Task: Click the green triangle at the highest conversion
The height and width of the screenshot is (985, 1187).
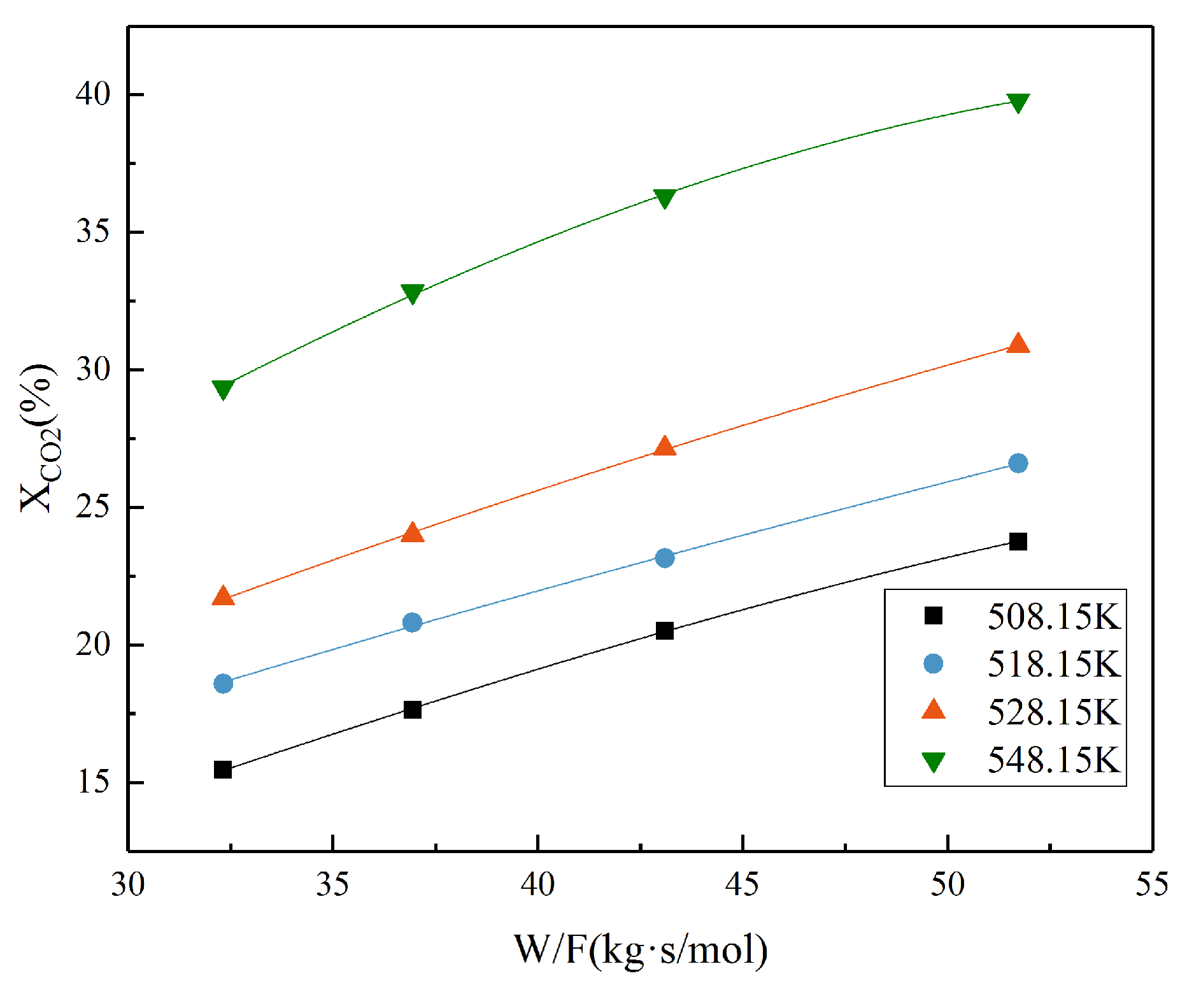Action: pyautogui.click(x=1018, y=103)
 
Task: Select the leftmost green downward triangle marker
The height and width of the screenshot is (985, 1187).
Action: pyautogui.click(x=223, y=389)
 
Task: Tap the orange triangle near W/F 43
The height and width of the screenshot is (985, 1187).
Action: pyautogui.click(x=664, y=447)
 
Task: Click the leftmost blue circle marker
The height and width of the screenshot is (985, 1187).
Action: pyautogui.click(x=223, y=684)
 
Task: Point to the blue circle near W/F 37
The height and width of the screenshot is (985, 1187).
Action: pyautogui.click(x=413, y=622)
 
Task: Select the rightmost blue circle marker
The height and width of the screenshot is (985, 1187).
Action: pyautogui.click(x=1018, y=463)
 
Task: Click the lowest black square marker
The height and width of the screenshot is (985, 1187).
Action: pyautogui.click(x=223, y=770)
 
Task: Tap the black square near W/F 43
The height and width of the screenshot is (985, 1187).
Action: pyautogui.click(x=664, y=631)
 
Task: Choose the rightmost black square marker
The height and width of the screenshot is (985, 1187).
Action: pyautogui.click(x=1018, y=542)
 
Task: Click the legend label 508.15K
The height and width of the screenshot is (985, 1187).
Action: pyautogui.click(x=1053, y=617)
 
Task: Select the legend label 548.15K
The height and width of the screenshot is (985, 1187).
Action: pyautogui.click(x=1053, y=760)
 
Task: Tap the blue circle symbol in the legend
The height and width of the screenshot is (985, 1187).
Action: pyautogui.click(x=933, y=664)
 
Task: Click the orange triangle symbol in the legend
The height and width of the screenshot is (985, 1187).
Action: pyautogui.click(x=933, y=710)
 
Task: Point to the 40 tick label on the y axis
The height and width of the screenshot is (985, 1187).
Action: pyautogui.click(x=93, y=94)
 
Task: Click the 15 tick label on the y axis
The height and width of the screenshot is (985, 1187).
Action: pyautogui.click(x=93, y=782)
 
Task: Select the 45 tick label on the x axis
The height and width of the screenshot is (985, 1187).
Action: pyautogui.click(x=743, y=885)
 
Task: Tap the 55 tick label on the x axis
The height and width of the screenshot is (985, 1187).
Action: pyautogui.click(x=1151, y=885)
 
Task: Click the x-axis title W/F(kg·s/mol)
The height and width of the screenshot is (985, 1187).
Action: pyautogui.click(x=641, y=950)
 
